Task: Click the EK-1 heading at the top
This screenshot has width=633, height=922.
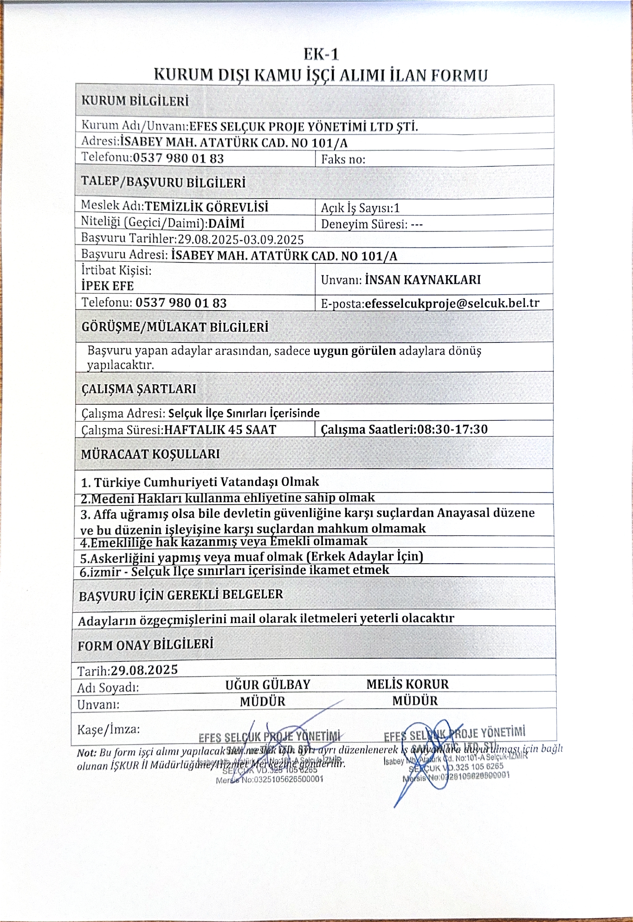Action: [x=321, y=54]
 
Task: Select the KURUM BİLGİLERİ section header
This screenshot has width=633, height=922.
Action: [x=135, y=101]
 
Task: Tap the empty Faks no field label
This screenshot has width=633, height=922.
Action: [x=343, y=159]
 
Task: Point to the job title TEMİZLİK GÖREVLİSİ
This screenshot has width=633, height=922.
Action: [x=207, y=206]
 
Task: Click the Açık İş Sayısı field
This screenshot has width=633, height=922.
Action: [x=360, y=208]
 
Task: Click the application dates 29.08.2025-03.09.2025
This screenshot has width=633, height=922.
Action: [x=241, y=239]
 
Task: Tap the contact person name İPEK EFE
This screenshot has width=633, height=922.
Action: [x=108, y=286]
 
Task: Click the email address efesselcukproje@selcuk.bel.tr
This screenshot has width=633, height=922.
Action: [x=452, y=303]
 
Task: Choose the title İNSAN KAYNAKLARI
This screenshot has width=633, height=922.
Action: [x=423, y=279]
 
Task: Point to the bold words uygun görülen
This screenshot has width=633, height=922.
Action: [x=354, y=351]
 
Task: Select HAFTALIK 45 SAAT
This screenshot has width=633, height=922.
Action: [x=220, y=429]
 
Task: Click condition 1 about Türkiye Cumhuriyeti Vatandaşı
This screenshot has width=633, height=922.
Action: [x=200, y=482]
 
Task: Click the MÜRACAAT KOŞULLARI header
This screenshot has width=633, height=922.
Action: [x=150, y=454]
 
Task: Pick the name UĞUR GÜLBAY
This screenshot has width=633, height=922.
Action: [x=268, y=684]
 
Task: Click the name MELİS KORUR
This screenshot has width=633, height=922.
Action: [x=407, y=684]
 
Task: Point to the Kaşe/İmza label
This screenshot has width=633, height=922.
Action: [x=109, y=729]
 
